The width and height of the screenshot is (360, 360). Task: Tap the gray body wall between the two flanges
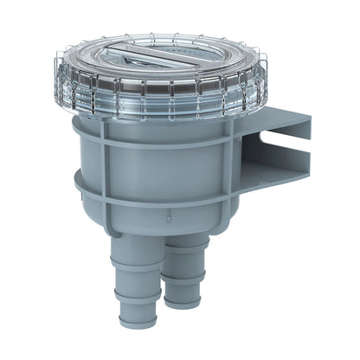pyautogui.click(x=147, y=160)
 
